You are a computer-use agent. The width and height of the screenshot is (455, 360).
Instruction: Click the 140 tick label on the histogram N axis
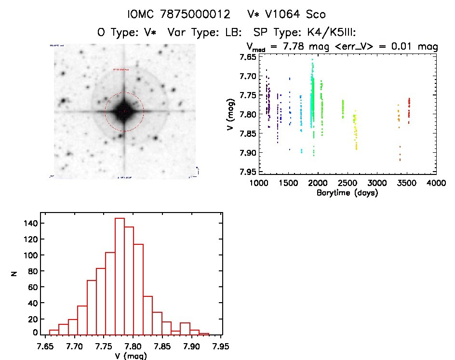[x=29, y=223]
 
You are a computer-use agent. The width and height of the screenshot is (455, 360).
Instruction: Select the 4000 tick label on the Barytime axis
[x=436, y=184]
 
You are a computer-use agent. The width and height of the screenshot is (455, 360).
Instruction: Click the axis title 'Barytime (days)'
[x=348, y=193]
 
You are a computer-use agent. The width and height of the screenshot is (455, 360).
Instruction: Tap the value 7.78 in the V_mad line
[x=297, y=47]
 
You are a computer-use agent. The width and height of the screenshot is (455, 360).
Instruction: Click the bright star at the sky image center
[x=124, y=111]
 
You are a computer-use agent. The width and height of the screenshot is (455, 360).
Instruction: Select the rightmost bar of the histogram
[x=204, y=333]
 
